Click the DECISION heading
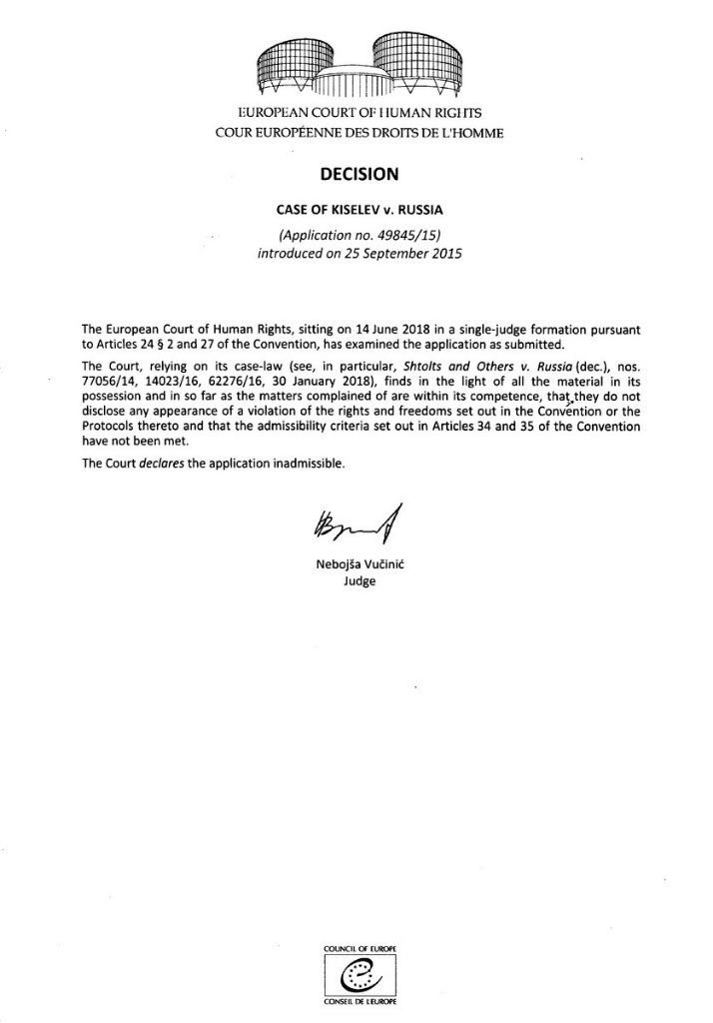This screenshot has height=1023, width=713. [357, 174]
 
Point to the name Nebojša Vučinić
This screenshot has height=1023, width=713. [357, 565]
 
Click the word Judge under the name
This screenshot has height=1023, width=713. [357, 581]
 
